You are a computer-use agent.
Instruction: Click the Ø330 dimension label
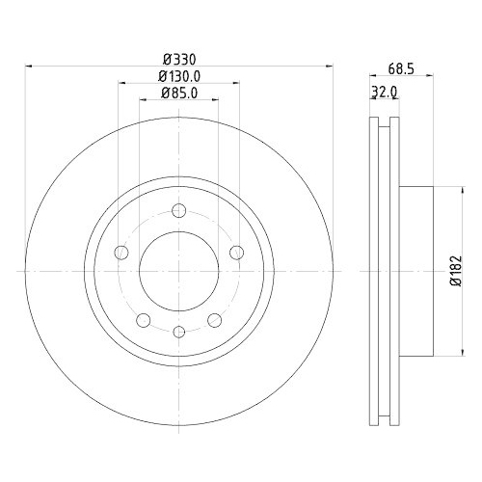(179, 59)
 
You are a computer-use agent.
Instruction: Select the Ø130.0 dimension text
(179, 76)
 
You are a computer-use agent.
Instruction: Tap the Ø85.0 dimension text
(179, 93)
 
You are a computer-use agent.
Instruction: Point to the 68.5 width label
(401, 68)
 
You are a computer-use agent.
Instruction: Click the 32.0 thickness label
(385, 92)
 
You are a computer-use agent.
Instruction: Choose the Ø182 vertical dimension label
(456, 271)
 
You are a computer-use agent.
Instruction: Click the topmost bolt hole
(179, 211)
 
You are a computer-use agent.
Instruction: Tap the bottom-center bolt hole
(179, 332)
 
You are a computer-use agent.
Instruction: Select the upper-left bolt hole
(121, 253)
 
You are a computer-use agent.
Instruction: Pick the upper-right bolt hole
(237, 253)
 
